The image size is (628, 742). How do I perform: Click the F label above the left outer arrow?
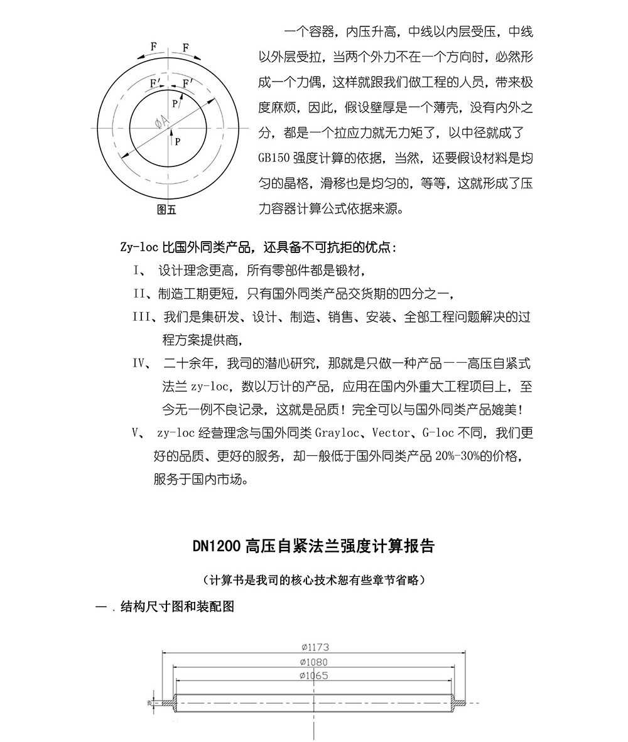coord(154,46)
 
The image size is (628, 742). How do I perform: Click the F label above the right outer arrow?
coord(185,47)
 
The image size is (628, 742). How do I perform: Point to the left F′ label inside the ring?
coord(154,83)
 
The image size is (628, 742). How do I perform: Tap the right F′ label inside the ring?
coord(188,83)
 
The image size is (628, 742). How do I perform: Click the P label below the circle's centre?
coord(178,141)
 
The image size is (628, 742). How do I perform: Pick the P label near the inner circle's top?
coord(175,104)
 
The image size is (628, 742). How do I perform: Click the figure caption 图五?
coord(166,210)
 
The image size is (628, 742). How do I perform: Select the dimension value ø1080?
coord(314,662)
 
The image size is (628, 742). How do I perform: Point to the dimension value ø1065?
coord(314,675)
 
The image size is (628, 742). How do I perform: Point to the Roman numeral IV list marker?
coord(139,363)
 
